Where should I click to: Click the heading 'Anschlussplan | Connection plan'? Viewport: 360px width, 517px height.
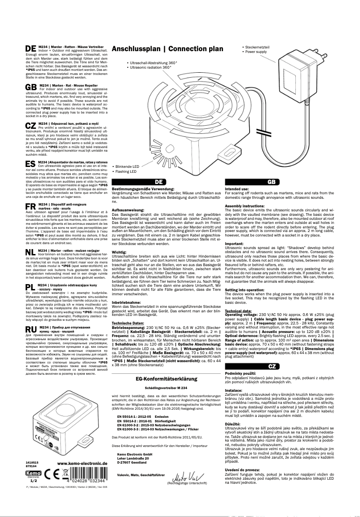pos(167,49)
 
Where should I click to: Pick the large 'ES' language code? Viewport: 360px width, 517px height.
pos(31,163)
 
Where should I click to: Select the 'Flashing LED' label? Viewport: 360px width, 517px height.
pos(127,171)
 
